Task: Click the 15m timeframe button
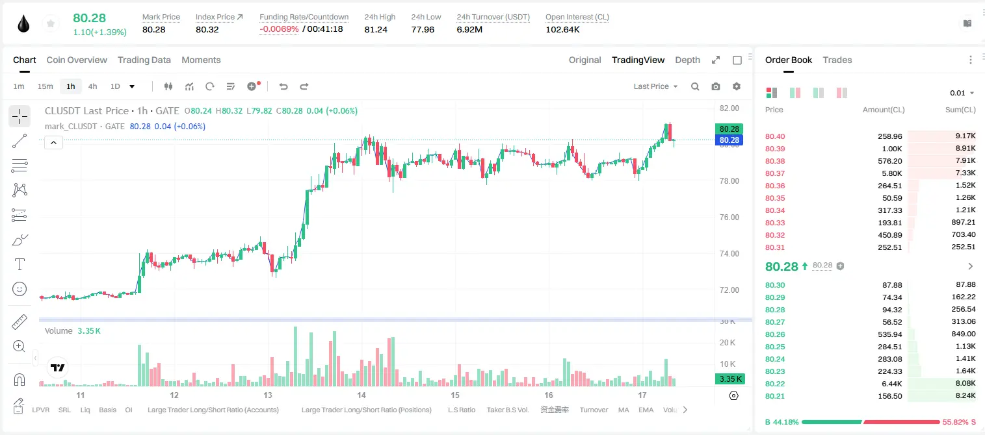46,86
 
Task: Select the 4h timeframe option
92,86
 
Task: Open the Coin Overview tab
77,60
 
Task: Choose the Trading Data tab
144,60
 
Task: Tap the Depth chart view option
687,60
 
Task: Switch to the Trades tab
837,60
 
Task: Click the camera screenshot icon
716,86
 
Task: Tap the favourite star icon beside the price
51,24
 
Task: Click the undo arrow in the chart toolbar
283,86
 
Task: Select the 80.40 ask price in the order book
775,136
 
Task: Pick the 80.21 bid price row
775,396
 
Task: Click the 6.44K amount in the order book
892,384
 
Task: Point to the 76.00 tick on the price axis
729,217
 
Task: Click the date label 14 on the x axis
361,395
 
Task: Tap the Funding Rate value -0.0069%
279,29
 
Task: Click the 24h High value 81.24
376,29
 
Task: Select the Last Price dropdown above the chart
655,86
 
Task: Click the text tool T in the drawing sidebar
20,264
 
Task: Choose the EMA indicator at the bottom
646,410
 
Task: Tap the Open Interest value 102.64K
562,29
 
